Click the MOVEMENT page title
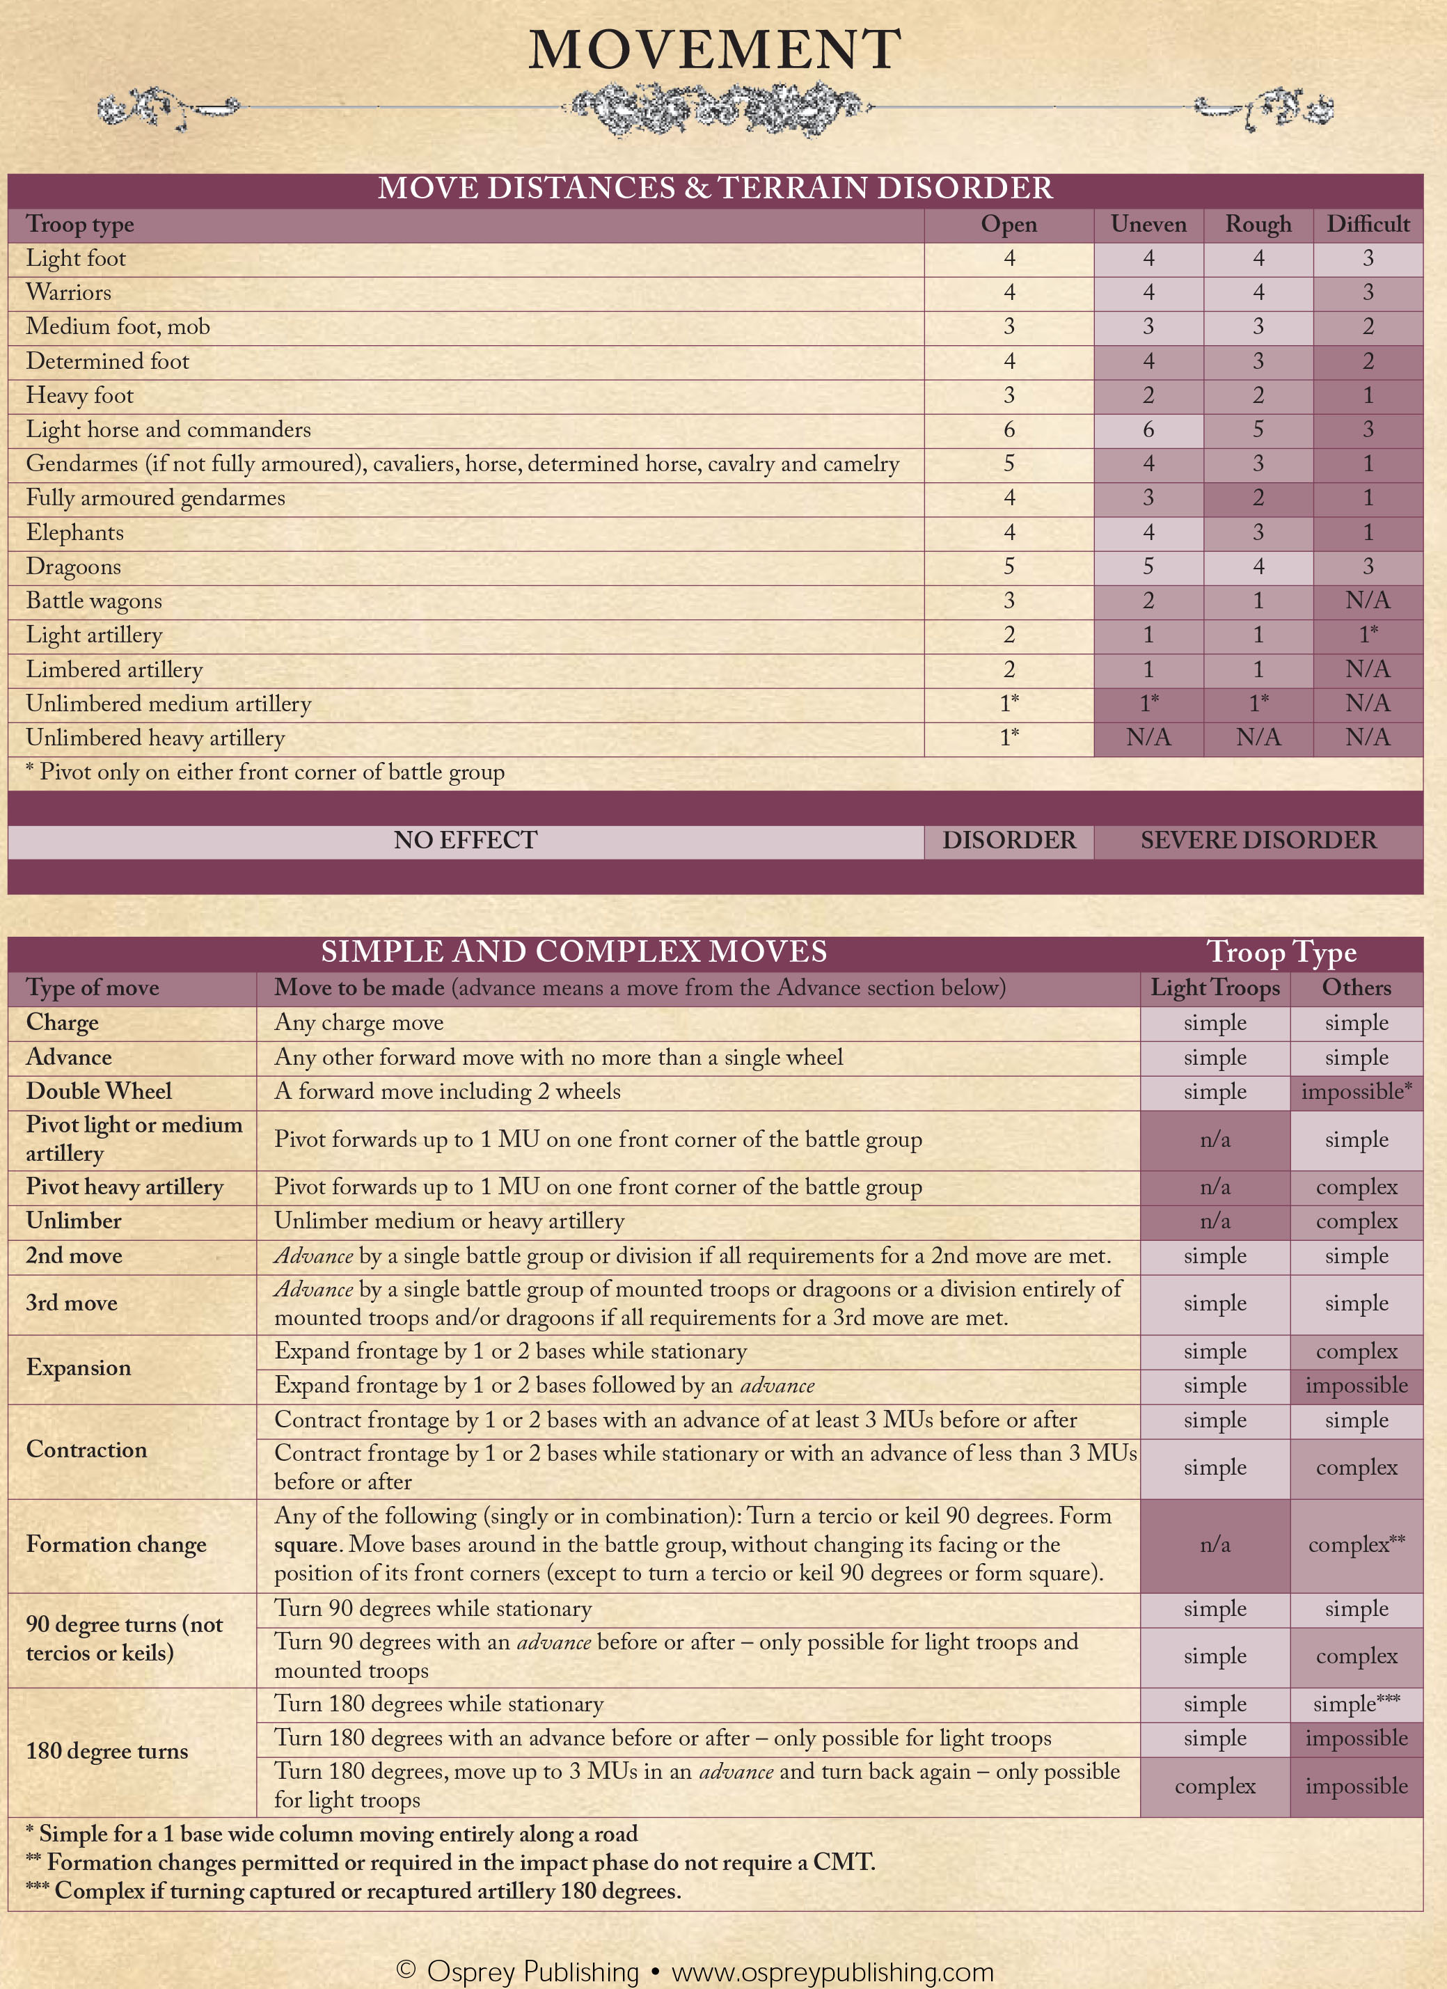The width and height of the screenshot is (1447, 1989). click(715, 50)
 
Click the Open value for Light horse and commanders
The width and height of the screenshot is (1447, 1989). click(1009, 429)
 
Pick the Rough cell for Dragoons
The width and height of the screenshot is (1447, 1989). click(1258, 566)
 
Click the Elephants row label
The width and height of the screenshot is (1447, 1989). click(74, 532)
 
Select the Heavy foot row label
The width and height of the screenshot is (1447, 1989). click(80, 395)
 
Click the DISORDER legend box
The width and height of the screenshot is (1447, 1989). click(1009, 840)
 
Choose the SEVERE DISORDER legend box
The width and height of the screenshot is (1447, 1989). click(1258, 840)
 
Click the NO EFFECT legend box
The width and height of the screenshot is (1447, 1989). click(465, 840)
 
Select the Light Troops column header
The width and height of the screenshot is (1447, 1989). click(1215, 988)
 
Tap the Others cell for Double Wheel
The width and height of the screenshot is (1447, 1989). click(1356, 1092)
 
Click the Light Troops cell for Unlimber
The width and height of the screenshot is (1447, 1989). click(1215, 1221)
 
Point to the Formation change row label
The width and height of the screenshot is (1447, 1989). click(117, 1544)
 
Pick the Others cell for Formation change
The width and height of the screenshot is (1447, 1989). click(1356, 1544)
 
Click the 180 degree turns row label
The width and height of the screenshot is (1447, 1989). click(107, 1752)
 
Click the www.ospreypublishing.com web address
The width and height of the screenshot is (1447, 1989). click(832, 1972)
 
